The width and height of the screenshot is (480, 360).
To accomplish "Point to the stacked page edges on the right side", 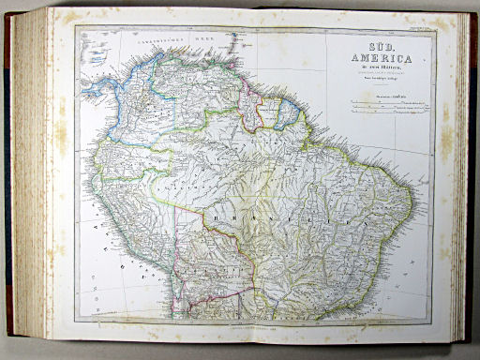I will tap(454, 178).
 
